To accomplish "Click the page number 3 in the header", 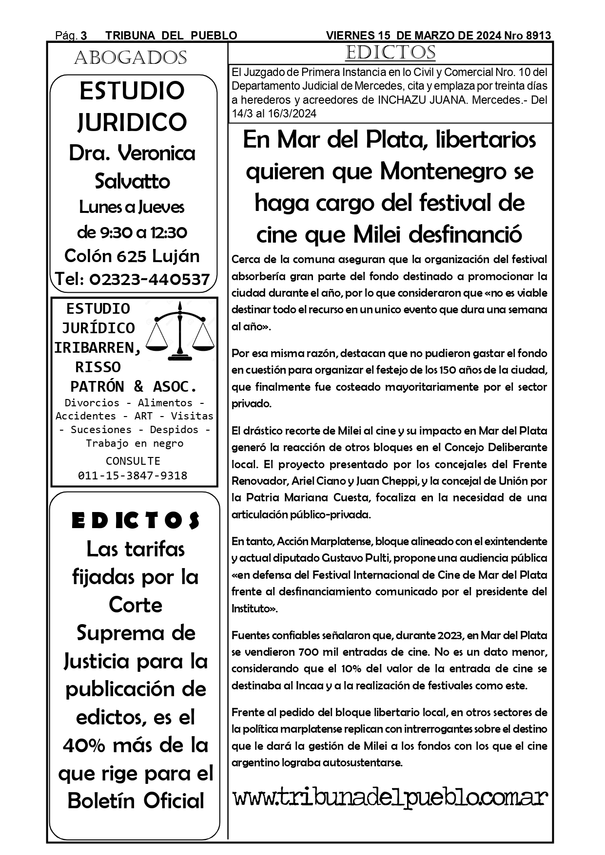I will pyautogui.click(x=84, y=36).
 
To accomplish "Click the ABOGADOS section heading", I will pyautogui.click(x=131, y=58).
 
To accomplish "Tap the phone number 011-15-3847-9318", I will pyautogui.click(x=133, y=475).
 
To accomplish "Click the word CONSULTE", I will pyautogui.click(x=133, y=461).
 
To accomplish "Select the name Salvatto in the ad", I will pyautogui.click(x=132, y=181).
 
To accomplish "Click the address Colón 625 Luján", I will pyautogui.click(x=132, y=256).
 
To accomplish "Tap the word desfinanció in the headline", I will pyautogui.click(x=465, y=234).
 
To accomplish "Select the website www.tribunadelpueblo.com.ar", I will pyautogui.click(x=390, y=798).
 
